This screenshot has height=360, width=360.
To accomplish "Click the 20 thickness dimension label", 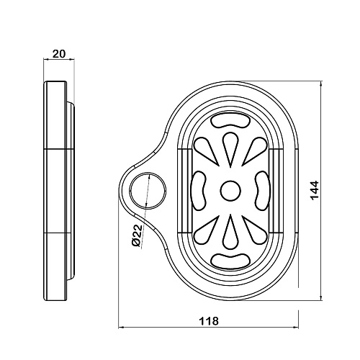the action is click(x=59, y=54).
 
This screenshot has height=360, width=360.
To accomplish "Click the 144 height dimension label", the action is click(x=314, y=189).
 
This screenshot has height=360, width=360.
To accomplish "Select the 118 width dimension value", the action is click(x=209, y=320).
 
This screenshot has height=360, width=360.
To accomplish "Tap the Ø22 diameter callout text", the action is click(x=137, y=236).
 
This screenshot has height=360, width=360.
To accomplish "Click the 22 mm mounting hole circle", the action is click(x=130, y=190).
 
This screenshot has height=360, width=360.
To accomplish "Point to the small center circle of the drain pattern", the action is click(x=230, y=190).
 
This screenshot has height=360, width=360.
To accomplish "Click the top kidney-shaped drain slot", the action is click(x=230, y=121).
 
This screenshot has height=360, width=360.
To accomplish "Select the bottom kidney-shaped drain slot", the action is click(x=230, y=260).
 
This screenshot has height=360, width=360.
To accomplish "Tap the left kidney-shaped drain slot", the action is click(x=199, y=190).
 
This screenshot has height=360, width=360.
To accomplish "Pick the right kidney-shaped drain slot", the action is click(x=261, y=190).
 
